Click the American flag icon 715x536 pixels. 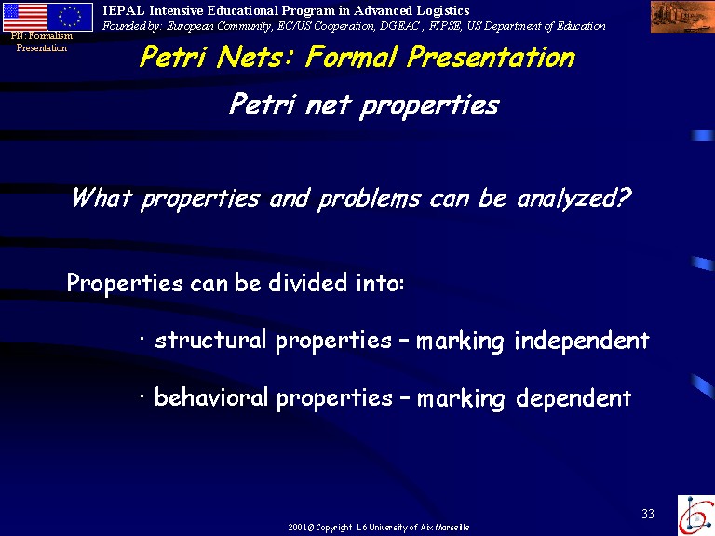point(25,17)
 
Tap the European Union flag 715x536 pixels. point(70,17)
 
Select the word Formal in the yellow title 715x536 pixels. point(351,58)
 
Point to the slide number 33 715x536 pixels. point(648,514)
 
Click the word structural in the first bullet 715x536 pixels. point(210,340)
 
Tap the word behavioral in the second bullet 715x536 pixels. point(211,397)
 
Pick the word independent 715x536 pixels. point(582,341)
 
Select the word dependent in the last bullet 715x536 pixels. point(573,398)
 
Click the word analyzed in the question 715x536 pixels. point(574,199)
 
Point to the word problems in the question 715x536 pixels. point(369,200)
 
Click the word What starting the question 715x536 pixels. point(102,198)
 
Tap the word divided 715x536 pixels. point(308,283)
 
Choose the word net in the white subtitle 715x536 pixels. point(329,105)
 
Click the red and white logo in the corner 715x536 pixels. point(696,516)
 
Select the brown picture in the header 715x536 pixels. point(682,17)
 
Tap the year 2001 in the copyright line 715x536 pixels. point(297,528)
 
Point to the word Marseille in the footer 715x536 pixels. point(452,528)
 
